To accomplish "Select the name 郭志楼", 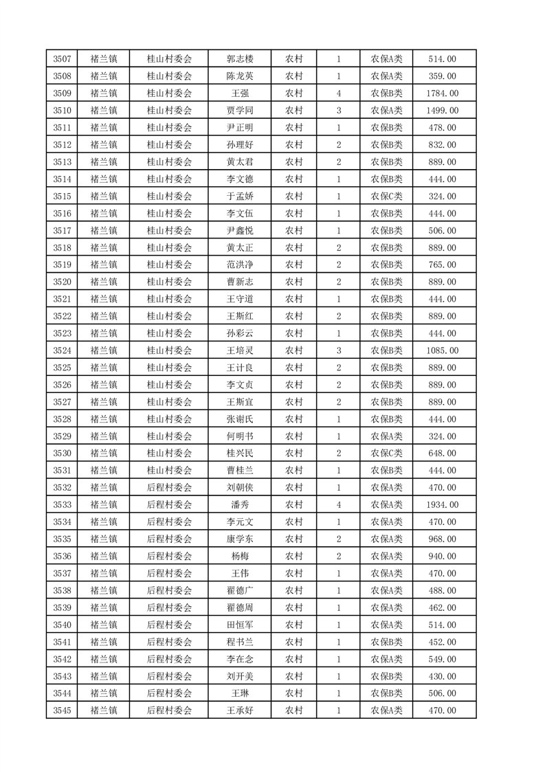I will pos(239,59).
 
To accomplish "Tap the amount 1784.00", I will pos(443,93).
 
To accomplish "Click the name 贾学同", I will pos(239,111).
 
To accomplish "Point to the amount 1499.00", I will pos(443,111).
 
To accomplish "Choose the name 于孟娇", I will pos(239,197).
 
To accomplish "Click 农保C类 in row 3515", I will pos(387,197).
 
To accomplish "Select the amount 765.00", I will pos(443,265).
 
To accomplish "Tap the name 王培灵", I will pos(239,350).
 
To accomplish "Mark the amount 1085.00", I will pos(443,350).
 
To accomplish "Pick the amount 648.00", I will pos(443,454).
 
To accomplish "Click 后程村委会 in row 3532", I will pos(169,488).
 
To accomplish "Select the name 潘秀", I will pos(239,505).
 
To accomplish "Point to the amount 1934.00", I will pos(443,505).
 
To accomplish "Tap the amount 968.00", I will pos(443,539).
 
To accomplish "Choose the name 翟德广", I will pos(239,590).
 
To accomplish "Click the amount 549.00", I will pos(443,659).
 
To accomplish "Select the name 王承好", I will pos(239,711).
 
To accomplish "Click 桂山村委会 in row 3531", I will pos(169,471).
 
